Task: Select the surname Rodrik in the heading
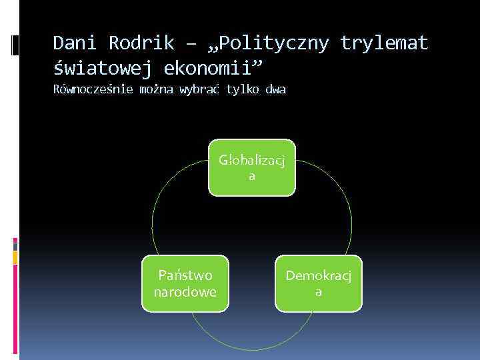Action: point(144,43)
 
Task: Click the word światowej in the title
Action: point(101,67)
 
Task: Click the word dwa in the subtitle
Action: point(275,90)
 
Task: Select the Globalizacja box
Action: point(252,167)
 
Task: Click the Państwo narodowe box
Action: point(185,283)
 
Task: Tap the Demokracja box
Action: point(319,283)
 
